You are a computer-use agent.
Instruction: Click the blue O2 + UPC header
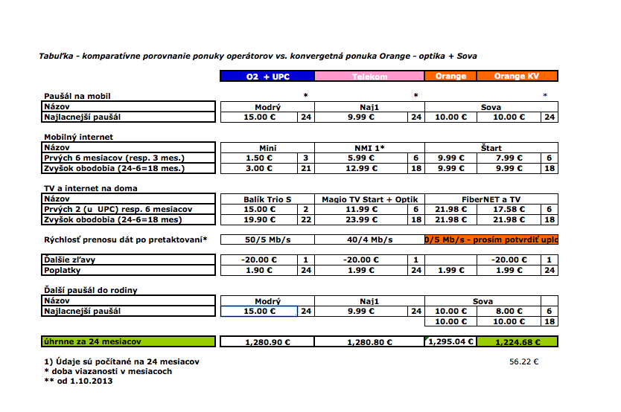click(x=267, y=76)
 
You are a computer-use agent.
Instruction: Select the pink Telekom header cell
click(x=369, y=76)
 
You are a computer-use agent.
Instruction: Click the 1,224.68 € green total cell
click(x=516, y=342)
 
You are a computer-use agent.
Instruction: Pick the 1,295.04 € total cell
click(x=450, y=342)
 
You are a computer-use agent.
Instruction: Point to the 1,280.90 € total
click(x=267, y=342)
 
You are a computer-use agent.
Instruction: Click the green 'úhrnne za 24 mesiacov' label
click(x=129, y=342)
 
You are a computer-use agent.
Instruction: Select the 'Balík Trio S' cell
click(x=267, y=199)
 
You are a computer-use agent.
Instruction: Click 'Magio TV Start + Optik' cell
click(x=369, y=199)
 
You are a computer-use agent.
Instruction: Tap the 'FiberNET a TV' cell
click(x=491, y=199)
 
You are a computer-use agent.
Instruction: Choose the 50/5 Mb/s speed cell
click(x=267, y=239)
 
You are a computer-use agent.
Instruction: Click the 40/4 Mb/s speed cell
click(x=369, y=239)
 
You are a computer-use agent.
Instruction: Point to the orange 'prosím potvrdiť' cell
click(x=491, y=239)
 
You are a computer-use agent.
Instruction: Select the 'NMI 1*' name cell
click(x=369, y=148)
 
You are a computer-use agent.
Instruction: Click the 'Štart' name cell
click(x=491, y=148)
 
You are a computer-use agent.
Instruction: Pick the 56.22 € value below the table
click(x=523, y=361)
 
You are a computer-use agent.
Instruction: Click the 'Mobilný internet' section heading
click(x=78, y=137)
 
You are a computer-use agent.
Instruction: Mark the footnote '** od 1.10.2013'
click(x=79, y=381)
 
